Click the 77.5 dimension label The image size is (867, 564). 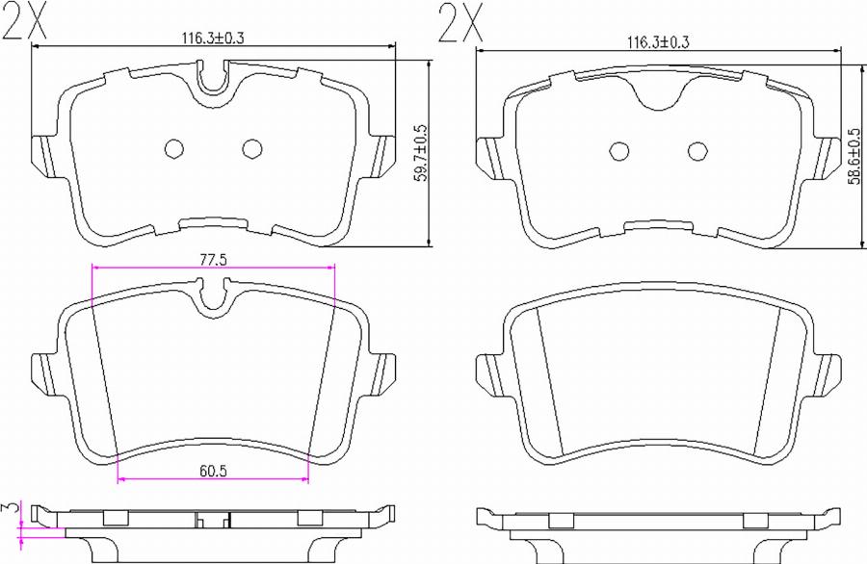213,260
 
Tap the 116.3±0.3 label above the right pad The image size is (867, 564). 659,43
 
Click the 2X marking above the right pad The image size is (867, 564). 460,21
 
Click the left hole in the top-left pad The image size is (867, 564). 174,148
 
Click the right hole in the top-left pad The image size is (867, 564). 252,148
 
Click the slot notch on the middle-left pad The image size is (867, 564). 213,295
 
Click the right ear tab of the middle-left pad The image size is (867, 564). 385,370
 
